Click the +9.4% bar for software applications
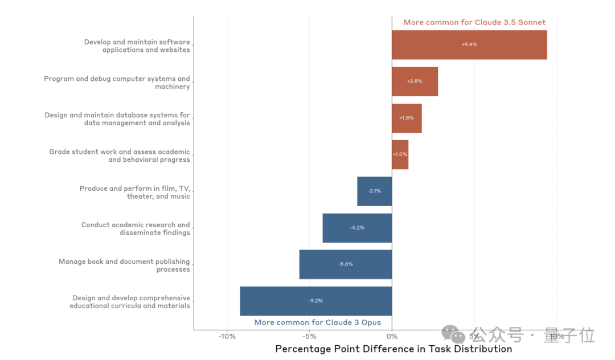[469, 44]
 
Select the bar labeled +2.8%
[415, 81]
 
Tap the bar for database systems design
[407, 118]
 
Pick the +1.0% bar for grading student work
[400, 154]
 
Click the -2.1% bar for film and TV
[374, 191]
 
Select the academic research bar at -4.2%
[357, 228]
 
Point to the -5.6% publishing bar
[345, 264]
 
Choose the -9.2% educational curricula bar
[315, 301]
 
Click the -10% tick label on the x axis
[227, 337]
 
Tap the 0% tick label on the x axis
[392, 337]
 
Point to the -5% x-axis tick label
[309, 337]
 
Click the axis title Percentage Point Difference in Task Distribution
[393, 349]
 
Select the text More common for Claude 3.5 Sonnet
[474, 23]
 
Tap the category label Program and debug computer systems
[117, 83]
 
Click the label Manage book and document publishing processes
[124, 265]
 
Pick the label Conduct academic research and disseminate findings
[136, 228]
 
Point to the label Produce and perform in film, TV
[134, 192]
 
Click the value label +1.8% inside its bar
[407, 118]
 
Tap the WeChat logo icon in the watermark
[454, 335]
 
